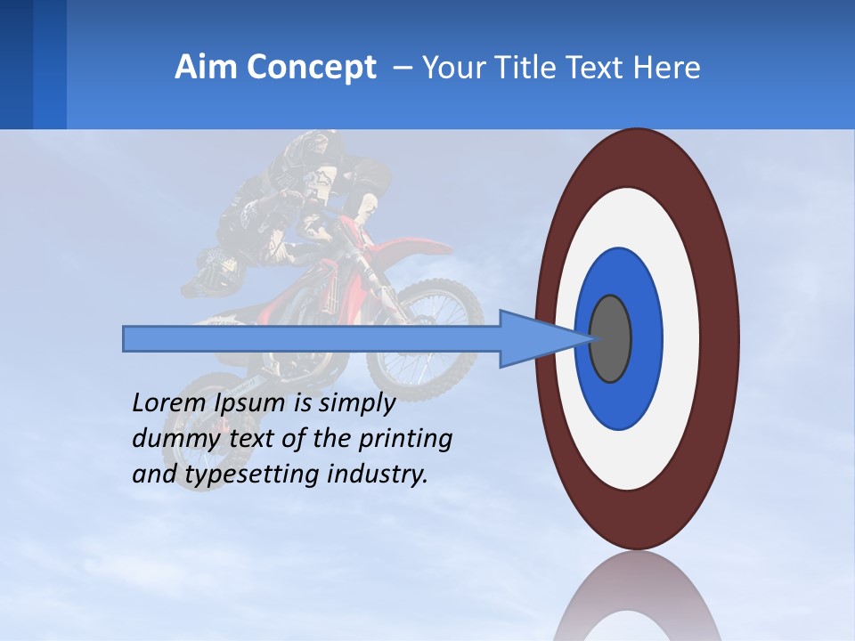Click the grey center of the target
tap(611, 338)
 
